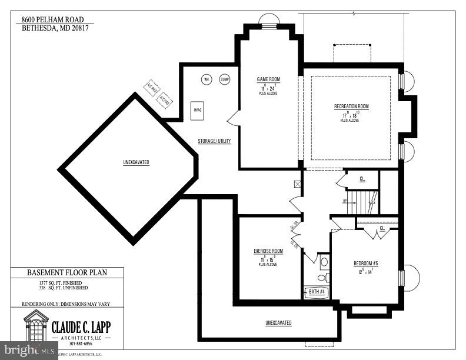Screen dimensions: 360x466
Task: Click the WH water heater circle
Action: [207, 79]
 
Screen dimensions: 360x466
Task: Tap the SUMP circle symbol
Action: [224, 79]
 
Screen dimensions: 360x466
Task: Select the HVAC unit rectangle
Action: [198, 110]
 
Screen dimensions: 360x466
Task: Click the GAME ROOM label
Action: [268, 79]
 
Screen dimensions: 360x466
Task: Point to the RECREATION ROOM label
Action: [351, 106]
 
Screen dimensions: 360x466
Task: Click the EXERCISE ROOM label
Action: [268, 251]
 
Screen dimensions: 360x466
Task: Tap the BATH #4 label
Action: [316, 291]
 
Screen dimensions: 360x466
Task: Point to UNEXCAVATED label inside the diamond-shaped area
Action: [136, 162]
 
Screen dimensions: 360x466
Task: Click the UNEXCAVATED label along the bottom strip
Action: [278, 323]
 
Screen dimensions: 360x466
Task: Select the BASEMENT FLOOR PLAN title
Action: [67, 273]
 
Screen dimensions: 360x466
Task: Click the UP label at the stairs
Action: [344, 201]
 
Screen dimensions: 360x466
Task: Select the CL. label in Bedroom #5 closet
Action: [382, 228]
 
